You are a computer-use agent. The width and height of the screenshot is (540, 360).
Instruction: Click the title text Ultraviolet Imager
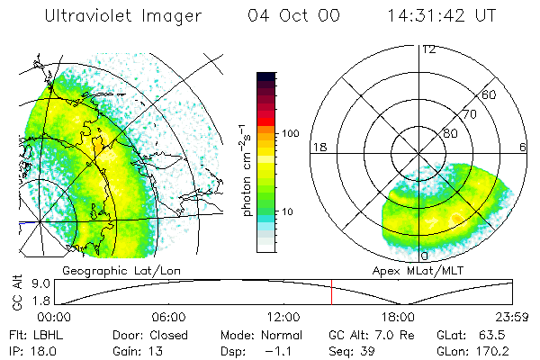point(124,15)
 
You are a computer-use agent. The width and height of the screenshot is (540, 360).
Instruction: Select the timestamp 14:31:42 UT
point(440,15)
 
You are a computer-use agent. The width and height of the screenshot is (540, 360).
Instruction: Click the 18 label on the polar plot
point(318,147)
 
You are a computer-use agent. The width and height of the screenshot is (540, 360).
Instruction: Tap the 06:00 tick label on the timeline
point(169,317)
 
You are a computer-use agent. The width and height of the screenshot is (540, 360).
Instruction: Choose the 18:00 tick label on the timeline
point(398,317)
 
